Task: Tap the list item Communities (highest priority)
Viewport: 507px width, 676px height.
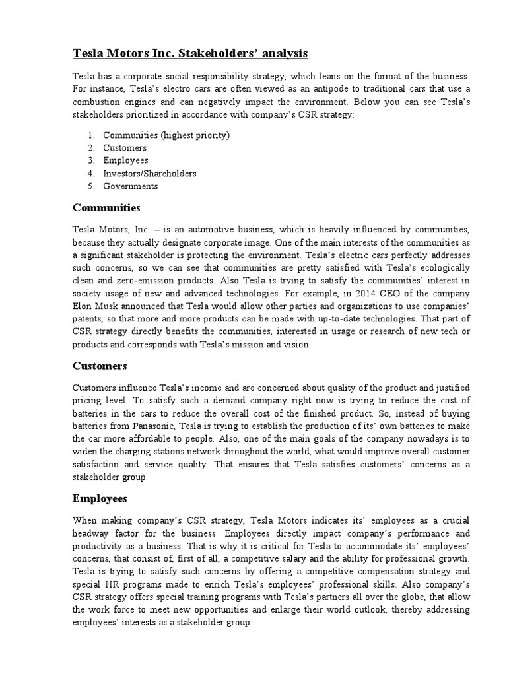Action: pyautogui.click(x=166, y=135)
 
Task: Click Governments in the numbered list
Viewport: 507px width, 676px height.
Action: pyautogui.click(x=131, y=186)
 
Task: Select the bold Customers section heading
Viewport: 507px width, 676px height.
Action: pyautogui.click(x=100, y=365)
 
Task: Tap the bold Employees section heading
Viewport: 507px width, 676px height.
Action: pyautogui.click(x=100, y=498)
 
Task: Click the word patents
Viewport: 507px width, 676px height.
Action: pyautogui.click(x=88, y=318)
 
